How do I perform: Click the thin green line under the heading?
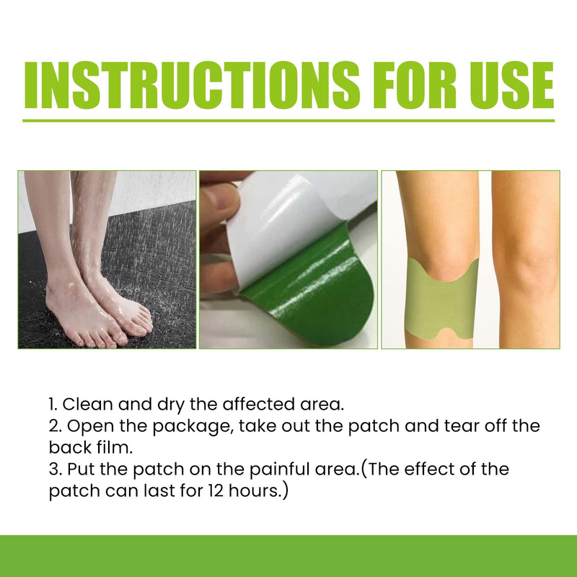(x=288, y=120)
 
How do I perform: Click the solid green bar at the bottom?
(x=288, y=556)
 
